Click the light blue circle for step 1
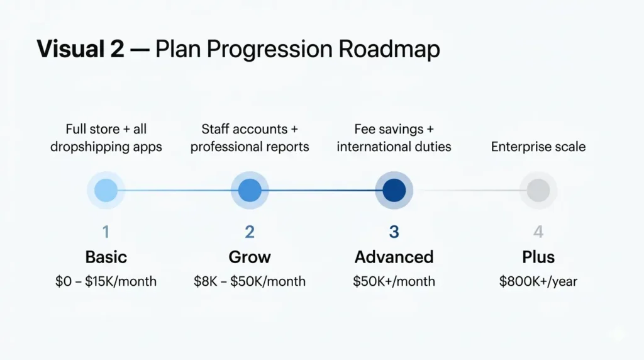(x=106, y=190)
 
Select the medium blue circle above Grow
(x=250, y=190)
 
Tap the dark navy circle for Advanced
(x=394, y=190)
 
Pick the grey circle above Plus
(x=538, y=190)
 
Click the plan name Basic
(x=106, y=257)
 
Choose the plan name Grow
(x=250, y=257)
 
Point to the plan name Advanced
(x=394, y=257)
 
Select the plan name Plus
(x=538, y=257)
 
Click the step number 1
(x=106, y=232)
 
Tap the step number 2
(x=250, y=232)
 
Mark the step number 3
(x=394, y=232)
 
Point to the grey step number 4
(x=538, y=232)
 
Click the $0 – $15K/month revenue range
(x=106, y=281)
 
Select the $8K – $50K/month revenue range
(x=250, y=281)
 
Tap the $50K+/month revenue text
(x=394, y=281)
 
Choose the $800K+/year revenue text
(x=538, y=281)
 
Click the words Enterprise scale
(x=538, y=147)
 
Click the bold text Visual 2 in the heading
(x=80, y=50)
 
